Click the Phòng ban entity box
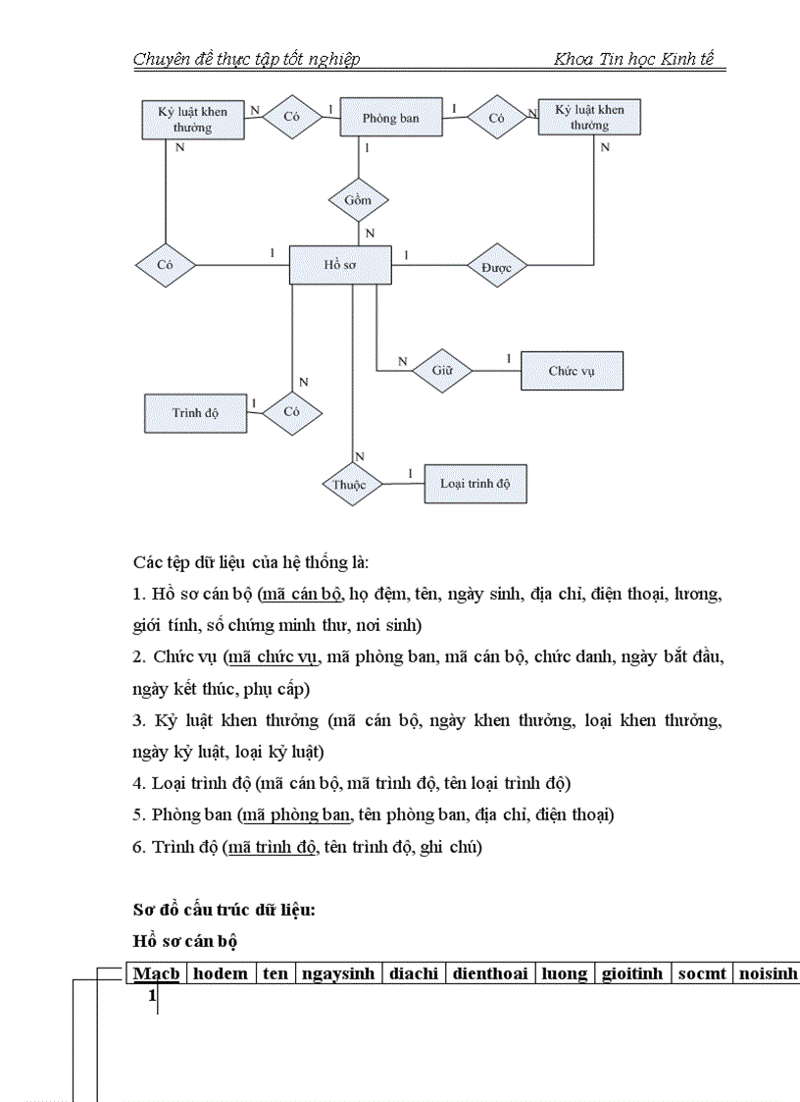[391, 119]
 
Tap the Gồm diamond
[358, 200]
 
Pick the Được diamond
[497, 266]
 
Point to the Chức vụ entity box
[572, 371]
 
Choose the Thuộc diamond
[349, 485]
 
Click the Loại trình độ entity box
[475, 484]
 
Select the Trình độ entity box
[195, 412]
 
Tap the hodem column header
[221, 973]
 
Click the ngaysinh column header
[338, 973]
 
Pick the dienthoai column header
[490, 973]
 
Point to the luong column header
[566, 973]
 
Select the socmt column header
[702, 973]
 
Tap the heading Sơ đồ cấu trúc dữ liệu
[224, 909]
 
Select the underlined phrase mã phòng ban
[297, 814]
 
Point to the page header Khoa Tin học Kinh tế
[633, 59]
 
